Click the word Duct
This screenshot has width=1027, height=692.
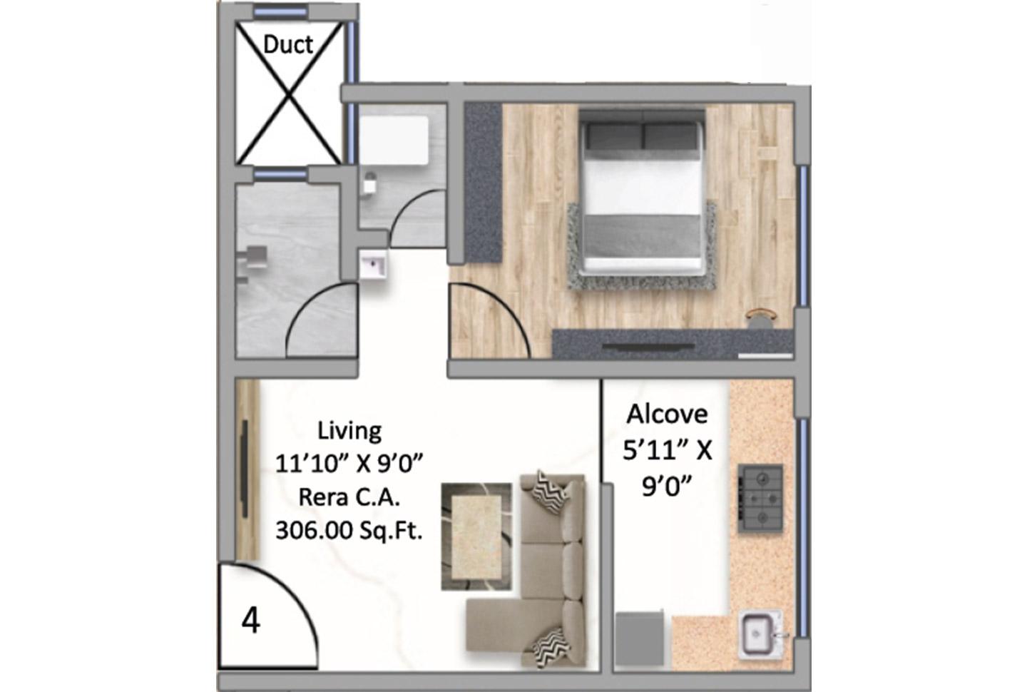(x=288, y=45)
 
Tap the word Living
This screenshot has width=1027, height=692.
(x=349, y=431)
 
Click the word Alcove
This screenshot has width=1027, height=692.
(x=667, y=414)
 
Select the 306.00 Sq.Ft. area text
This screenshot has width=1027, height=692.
(x=349, y=531)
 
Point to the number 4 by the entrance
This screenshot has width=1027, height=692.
(x=251, y=621)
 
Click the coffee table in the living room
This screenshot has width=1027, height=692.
(x=476, y=536)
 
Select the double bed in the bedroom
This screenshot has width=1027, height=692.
(x=642, y=193)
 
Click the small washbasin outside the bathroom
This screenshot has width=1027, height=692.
(x=373, y=264)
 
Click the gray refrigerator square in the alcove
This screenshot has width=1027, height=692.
(x=639, y=638)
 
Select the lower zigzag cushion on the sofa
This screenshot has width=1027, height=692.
(x=551, y=646)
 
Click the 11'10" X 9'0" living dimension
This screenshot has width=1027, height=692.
(x=349, y=464)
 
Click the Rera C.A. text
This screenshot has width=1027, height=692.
(x=349, y=497)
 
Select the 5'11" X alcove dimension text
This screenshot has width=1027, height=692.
(x=667, y=450)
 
